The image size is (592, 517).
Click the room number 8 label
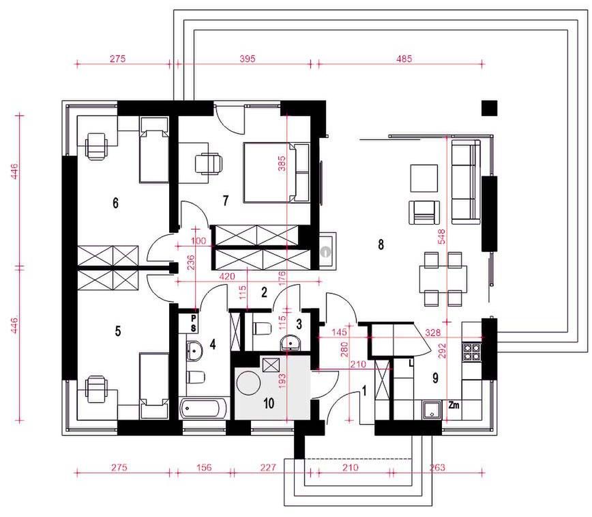pos(381,244)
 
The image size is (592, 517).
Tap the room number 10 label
pos(269,404)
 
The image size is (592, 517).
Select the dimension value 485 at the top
pos(404,59)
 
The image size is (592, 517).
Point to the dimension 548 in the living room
pos(442,236)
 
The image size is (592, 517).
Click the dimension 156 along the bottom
pos(204,467)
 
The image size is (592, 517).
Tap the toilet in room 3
pos(262,329)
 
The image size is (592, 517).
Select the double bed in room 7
pos(276,172)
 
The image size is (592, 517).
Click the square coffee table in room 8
pos(424,178)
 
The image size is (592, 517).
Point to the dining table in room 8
pos(443,279)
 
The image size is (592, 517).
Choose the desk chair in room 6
pos(96,147)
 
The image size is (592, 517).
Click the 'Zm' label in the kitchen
pos(454,405)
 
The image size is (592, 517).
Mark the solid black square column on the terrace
pos(489,108)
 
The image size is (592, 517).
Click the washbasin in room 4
pos(194,350)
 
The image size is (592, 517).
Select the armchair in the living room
pos(424,212)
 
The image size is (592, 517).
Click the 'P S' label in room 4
pos(193,322)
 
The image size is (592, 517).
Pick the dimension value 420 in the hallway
pos(227,277)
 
